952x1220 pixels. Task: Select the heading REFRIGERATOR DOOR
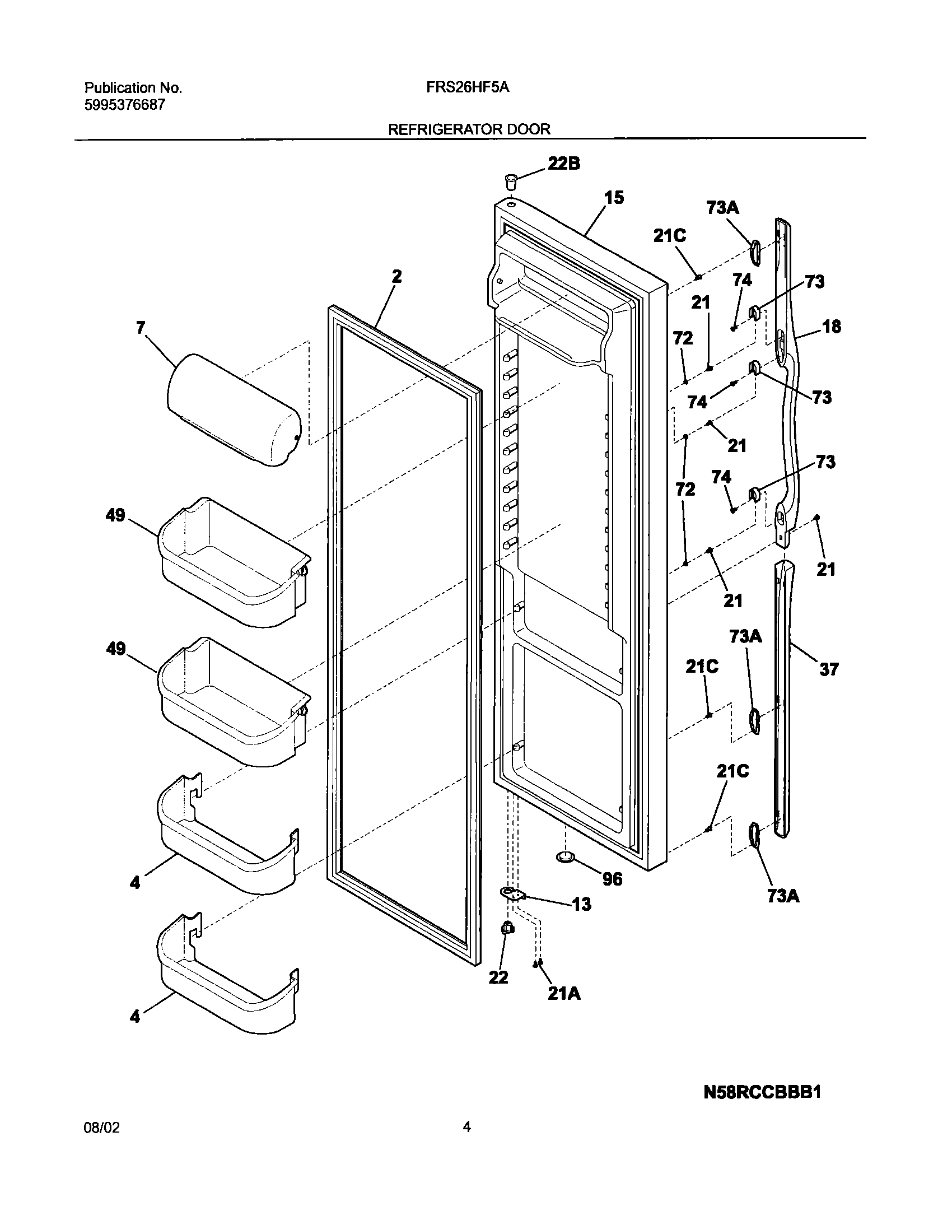click(x=469, y=129)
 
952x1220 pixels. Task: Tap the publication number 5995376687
click(x=125, y=105)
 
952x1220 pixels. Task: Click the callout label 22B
click(x=563, y=163)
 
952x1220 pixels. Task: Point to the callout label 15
click(x=614, y=198)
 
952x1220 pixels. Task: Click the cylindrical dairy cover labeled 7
click(x=234, y=409)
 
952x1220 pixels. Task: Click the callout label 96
click(x=612, y=879)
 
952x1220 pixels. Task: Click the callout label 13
click(x=582, y=904)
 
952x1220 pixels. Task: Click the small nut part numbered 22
click(x=507, y=929)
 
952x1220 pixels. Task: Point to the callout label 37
click(x=829, y=669)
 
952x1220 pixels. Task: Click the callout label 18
click(x=832, y=327)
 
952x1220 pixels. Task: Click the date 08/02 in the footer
click(x=102, y=1128)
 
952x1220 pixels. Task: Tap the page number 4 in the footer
click(x=466, y=1128)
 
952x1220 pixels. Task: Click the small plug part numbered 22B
click(x=510, y=181)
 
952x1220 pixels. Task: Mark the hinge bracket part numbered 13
click(x=511, y=894)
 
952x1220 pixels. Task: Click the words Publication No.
click(x=133, y=88)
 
